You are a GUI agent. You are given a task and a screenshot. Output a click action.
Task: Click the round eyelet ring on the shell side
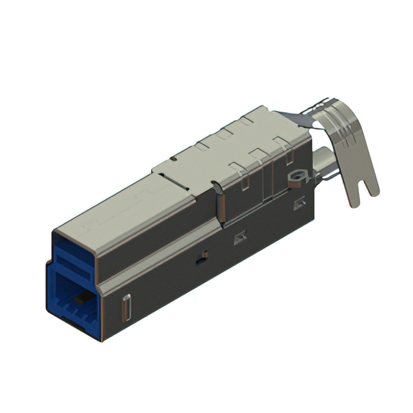click(x=297, y=175)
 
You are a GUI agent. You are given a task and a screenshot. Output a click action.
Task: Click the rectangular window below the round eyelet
click(x=299, y=205)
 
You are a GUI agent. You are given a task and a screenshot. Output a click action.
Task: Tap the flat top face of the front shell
click(x=123, y=206)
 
